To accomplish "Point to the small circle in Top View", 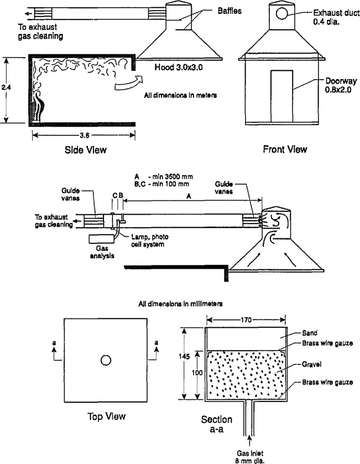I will [105, 361].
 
